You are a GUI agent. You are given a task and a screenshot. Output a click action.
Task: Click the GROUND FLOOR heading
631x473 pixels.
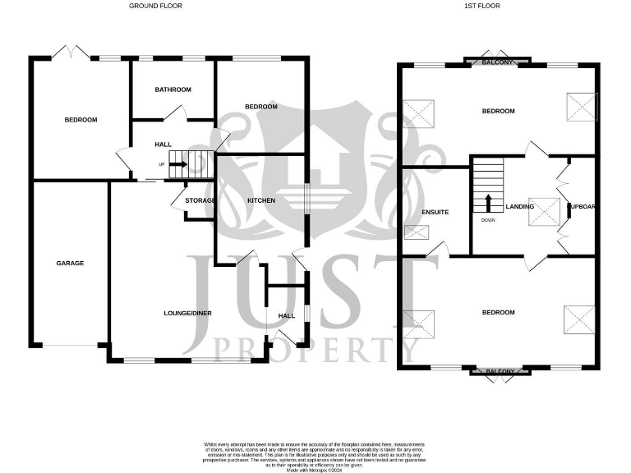point(155,6)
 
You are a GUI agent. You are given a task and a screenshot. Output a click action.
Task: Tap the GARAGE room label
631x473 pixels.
point(70,264)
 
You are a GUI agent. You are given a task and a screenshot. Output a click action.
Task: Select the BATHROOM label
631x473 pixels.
point(173,90)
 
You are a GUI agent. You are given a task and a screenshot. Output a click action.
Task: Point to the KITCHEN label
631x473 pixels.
point(261,200)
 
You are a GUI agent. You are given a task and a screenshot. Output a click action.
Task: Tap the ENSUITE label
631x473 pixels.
point(435,213)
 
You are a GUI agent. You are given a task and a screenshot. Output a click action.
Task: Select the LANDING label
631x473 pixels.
point(520,206)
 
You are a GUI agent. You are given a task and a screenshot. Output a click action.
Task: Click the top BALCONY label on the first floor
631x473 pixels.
point(497,62)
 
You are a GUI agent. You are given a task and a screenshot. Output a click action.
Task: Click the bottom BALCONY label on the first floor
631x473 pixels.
point(500,372)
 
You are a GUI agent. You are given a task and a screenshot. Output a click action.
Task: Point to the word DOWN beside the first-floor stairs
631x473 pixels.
point(489,220)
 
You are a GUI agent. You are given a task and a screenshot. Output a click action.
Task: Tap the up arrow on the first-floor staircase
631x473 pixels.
point(489,202)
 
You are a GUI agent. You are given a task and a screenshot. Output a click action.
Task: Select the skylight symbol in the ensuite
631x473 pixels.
point(417,233)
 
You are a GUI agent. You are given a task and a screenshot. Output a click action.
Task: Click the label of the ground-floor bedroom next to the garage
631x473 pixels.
point(81,120)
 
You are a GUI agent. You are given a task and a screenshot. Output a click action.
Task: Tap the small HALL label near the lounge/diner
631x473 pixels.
point(286,315)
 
